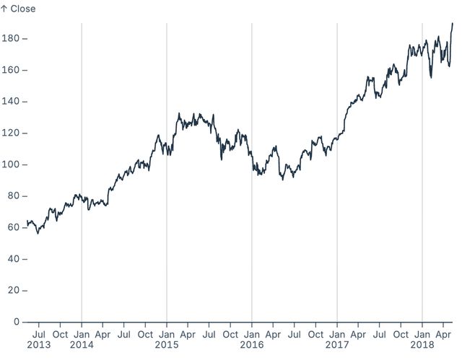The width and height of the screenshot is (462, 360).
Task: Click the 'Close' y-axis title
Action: click(22, 9)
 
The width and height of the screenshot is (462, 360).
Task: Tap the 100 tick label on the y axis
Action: click(10, 164)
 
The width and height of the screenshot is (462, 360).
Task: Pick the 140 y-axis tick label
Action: click(10, 102)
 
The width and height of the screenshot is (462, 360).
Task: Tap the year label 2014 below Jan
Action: click(82, 346)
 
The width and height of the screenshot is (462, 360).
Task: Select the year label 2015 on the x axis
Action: click(167, 346)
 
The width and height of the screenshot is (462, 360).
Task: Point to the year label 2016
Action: click(252, 346)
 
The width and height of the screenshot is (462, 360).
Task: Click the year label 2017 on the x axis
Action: click(337, 346)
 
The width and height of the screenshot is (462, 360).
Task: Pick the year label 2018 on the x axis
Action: click(422, 346)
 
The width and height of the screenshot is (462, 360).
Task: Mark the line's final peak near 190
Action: click(453, 24)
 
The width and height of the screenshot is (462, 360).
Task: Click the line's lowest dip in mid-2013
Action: click(38, 233)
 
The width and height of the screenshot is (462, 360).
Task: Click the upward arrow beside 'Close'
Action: click(4, 9)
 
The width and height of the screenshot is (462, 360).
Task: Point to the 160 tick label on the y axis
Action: click(10, 70)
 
